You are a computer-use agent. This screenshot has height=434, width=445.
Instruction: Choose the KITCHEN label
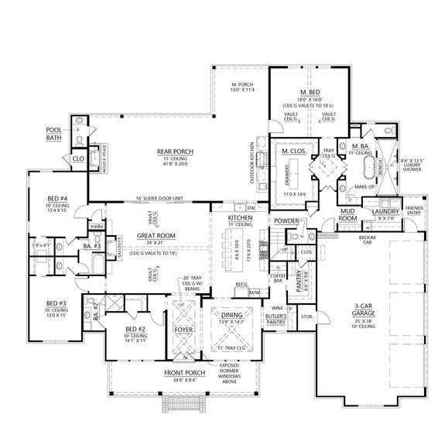tap(239, 220)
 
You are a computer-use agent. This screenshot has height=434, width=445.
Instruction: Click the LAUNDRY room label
tap(385, 210)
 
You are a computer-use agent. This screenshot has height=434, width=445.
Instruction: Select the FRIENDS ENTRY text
tap(416, 210)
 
